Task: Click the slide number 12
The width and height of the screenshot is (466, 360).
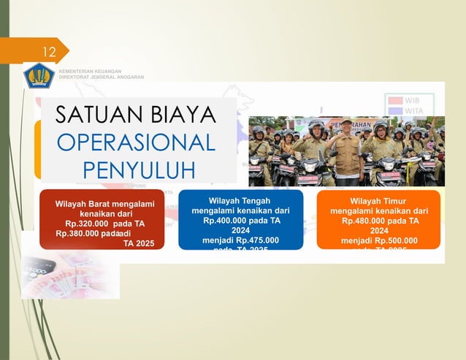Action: click(49, 52)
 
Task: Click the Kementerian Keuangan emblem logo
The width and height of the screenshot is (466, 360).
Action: click(39, 75)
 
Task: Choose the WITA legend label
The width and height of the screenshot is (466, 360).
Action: click(414, 110)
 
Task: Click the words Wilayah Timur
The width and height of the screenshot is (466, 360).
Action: click(378, 200)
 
